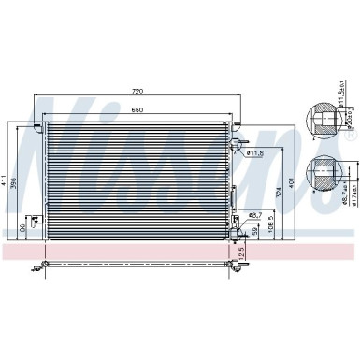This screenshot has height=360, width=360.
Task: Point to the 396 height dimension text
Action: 17,181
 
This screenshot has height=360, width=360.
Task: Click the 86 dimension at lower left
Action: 22,227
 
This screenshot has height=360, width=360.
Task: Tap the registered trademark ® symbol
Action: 351,137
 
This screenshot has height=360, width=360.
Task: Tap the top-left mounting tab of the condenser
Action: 42,120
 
